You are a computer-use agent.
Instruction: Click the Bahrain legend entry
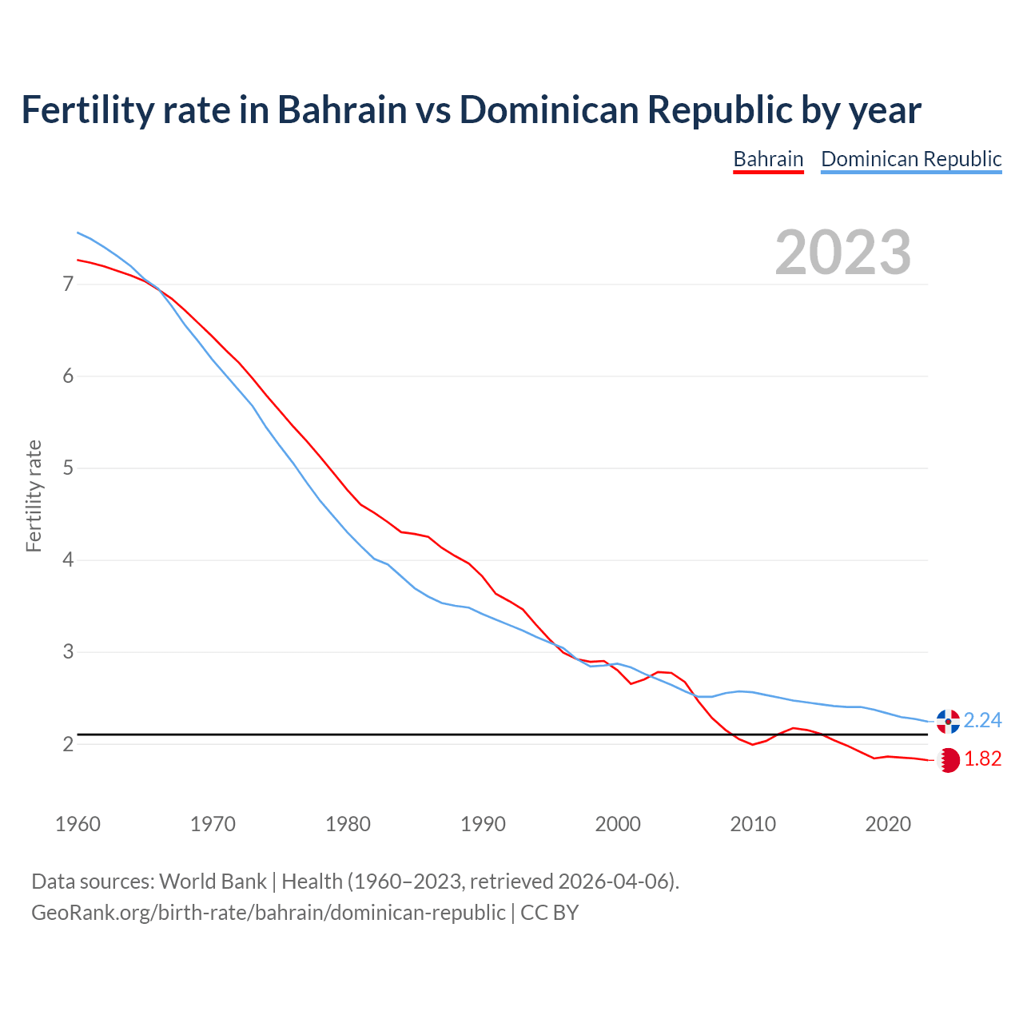[x=768, y=159]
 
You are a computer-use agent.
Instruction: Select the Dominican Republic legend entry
[x=911, y=159]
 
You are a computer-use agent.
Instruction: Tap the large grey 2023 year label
[x=843, y=253]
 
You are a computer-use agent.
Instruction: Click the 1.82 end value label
[x=982, y=759]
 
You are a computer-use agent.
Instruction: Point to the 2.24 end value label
[x=982, y=721]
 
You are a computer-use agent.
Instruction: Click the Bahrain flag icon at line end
[x=948, y=760]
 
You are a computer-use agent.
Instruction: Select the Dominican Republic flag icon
[x=948, y=721]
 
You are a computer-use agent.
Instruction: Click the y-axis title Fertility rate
[x=34, y=496]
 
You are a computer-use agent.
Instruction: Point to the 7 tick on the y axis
[x=68, y=285]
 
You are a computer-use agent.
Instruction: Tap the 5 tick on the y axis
[x=68, y=468]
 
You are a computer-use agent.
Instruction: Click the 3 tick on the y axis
[x=68, y=652]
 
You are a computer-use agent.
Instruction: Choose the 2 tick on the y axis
[x=68, y=744]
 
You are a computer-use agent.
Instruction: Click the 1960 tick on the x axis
[x=78, y=824]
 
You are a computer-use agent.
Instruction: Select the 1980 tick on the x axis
[x=348, y=824]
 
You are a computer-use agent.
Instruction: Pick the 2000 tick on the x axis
[x=618, y=824]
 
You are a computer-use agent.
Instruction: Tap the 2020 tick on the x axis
[x=888, y=824]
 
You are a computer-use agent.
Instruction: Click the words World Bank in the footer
[x=213, y=882]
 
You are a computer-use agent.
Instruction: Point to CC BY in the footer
[x=550, y=913]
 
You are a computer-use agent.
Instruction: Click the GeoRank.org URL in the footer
[x=268, y=913]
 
